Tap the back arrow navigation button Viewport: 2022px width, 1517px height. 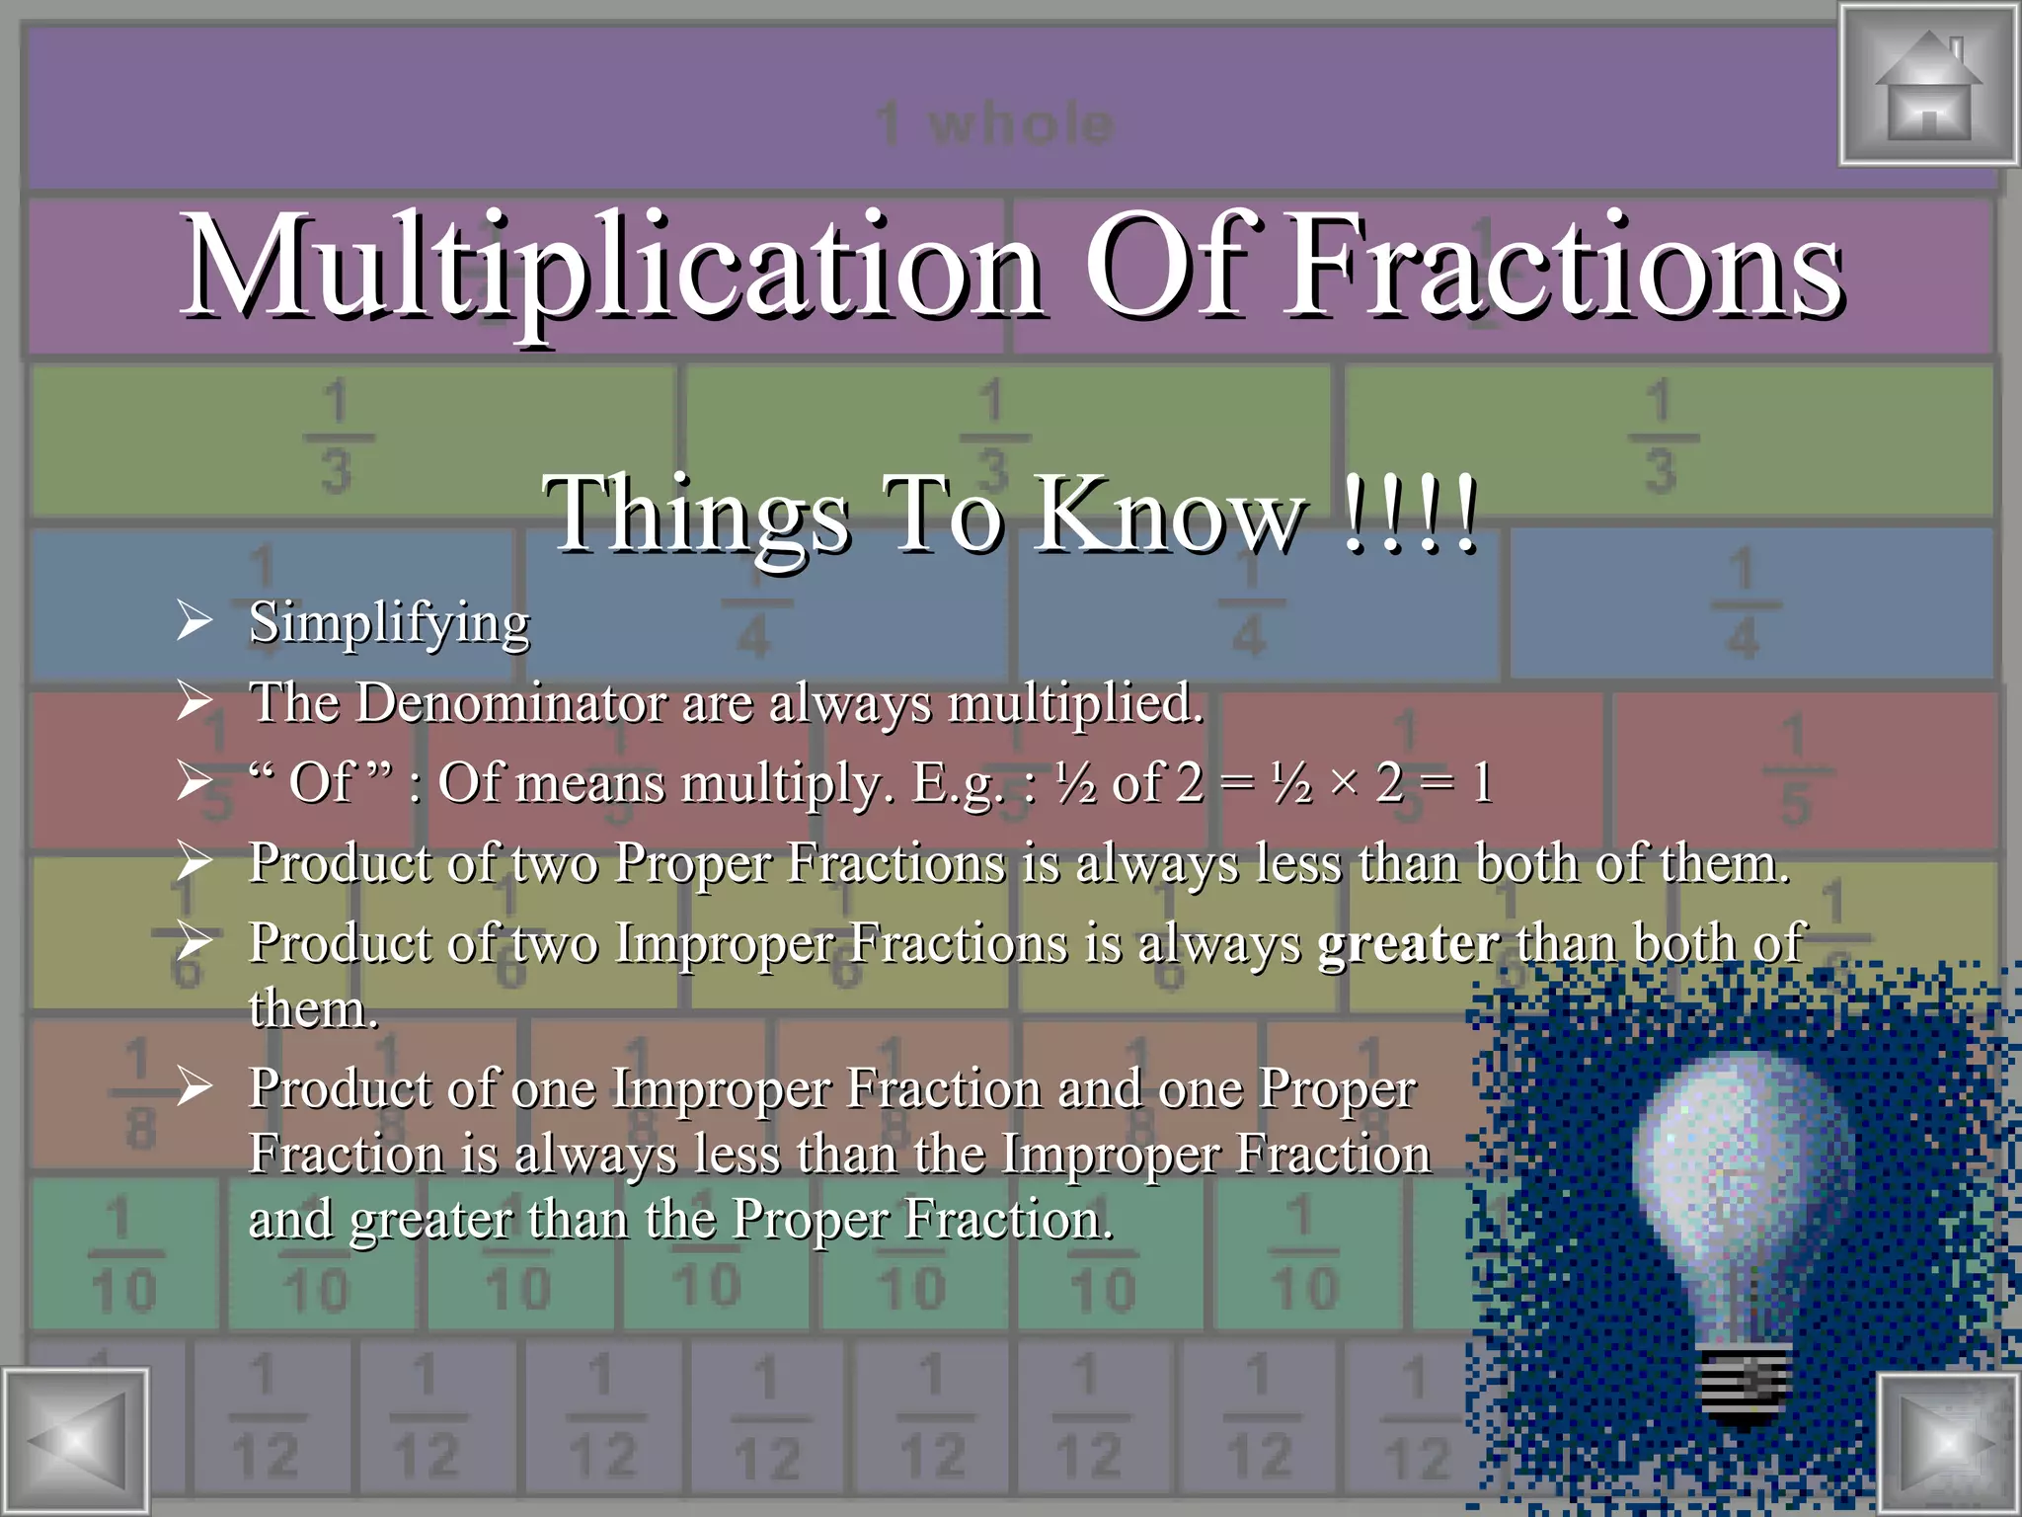75,1443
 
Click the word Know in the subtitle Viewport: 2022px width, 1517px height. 1171,514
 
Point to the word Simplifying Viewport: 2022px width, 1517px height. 389,623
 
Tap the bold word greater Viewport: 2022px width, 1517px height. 1409,943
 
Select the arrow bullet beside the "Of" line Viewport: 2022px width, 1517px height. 194,782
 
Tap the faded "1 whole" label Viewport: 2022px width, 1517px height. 995,124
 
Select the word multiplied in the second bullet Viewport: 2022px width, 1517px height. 1075,703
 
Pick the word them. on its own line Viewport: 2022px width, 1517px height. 313,1009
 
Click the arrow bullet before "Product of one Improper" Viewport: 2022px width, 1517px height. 194,1087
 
